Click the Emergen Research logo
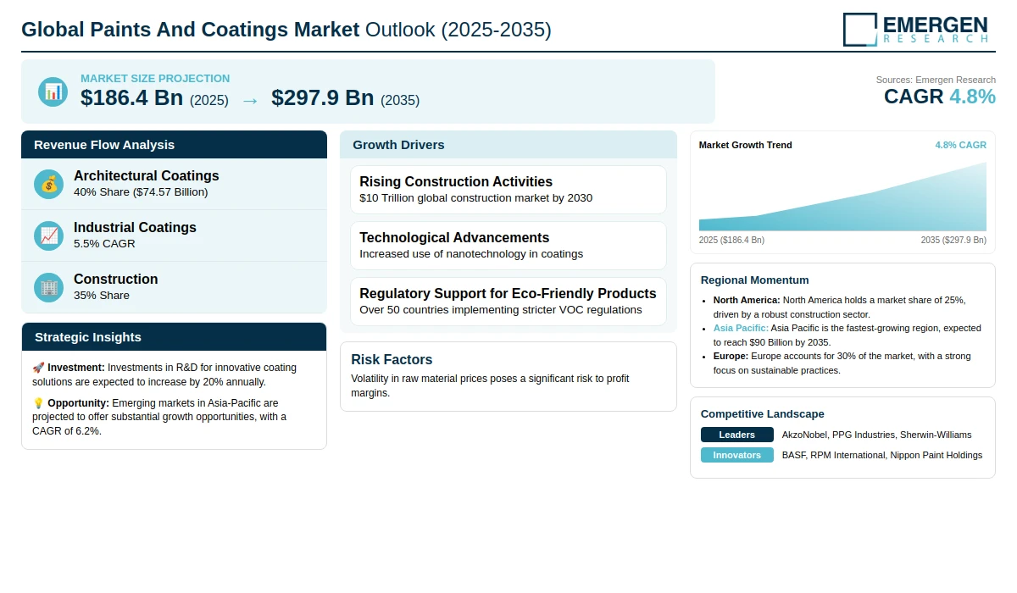(x=915, y=30)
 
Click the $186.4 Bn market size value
(x=132, y=98)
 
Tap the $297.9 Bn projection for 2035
(x=323, y=98)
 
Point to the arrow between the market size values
(x=249, y=100)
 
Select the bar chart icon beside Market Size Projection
(x=53, y=91)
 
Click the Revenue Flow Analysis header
(x=104, y=145)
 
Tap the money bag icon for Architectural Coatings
(x=49, y=184)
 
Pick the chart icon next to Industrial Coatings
(x=49, y=236)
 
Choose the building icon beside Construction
(x=49, y=287)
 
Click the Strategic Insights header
(x=88, y=337)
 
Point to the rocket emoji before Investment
(x=38, y=368)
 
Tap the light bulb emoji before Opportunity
(x=38, y=403)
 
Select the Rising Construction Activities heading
(x=456, y=181)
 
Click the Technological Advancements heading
(x=454, y=237)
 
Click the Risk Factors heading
(x=392, y=359)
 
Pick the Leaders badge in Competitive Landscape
(x=736, y=435)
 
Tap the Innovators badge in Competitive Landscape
(x=736, y=455)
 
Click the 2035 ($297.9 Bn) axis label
(x=953, y=240)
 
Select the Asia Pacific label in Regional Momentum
(x=741, y=328)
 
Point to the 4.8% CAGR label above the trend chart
(x=960, y=145)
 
